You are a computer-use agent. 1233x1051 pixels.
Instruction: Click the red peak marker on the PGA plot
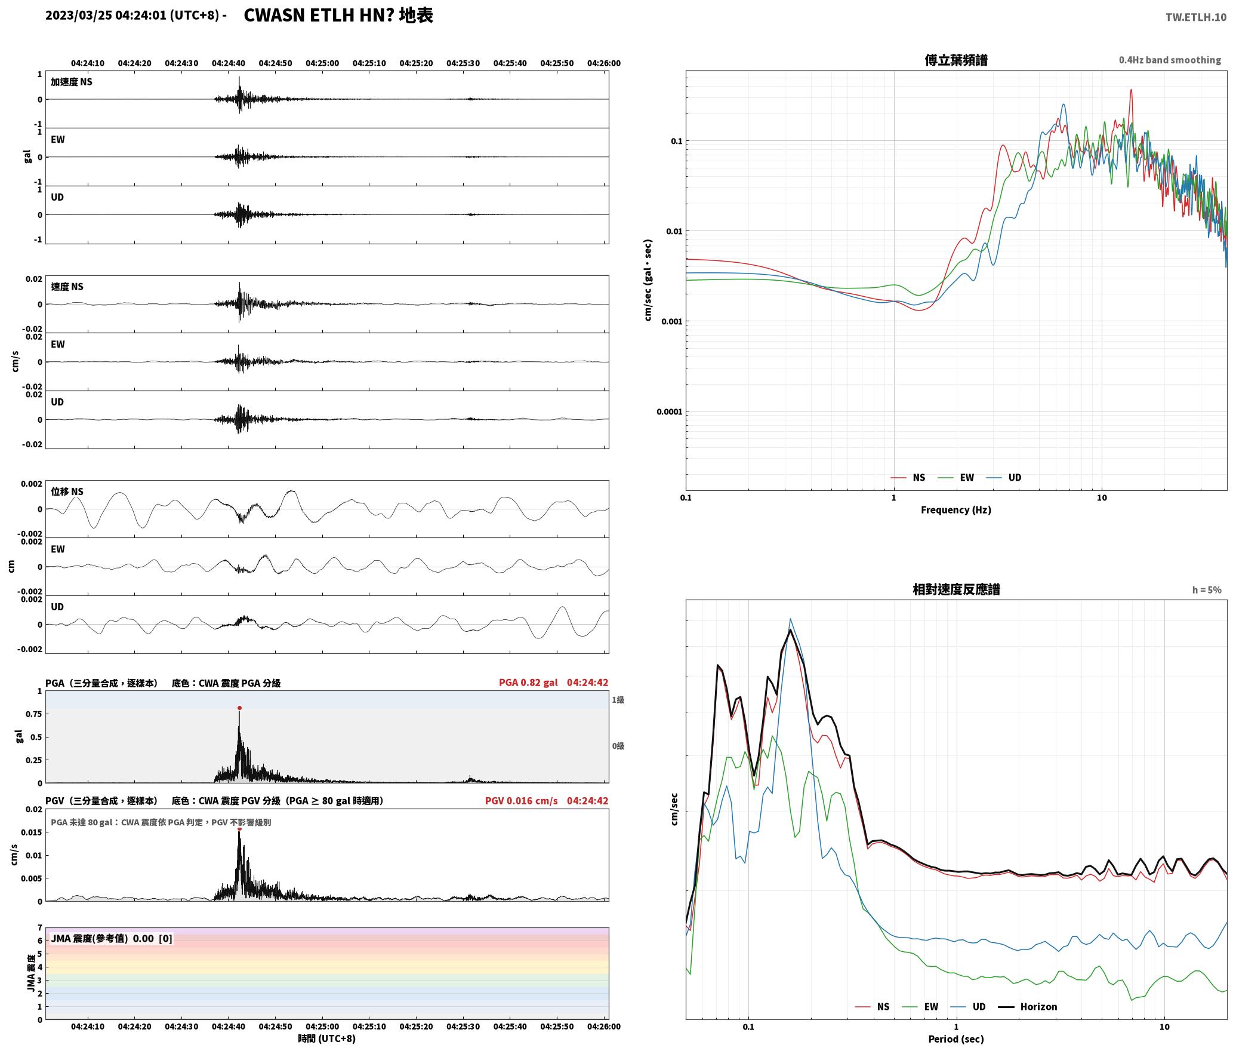click(239, 708)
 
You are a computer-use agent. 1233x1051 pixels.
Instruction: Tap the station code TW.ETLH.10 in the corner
click(1196, 17)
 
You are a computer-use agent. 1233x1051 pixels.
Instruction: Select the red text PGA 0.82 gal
click(528, 683)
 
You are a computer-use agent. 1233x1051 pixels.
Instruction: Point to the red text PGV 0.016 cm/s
click(521, 801)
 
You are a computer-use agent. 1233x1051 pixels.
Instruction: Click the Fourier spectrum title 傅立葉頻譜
click(955, 60)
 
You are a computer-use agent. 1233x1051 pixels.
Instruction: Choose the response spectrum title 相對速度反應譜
click(956, 589)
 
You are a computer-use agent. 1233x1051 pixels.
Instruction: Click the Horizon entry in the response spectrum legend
click(1038, 1007)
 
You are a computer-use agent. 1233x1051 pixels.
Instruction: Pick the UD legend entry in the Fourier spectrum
click(1015, 478)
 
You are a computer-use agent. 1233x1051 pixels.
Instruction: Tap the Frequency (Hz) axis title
click(955, 510)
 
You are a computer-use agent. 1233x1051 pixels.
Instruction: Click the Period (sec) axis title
click(955, 1039)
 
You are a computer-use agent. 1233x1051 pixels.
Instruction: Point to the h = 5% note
click(1207, 590)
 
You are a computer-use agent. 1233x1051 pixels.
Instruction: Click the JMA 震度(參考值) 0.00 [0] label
click(112, 938)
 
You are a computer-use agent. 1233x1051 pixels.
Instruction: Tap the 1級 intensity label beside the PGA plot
click(618, 699)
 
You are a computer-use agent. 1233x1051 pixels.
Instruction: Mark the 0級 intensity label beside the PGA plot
click(618, 746)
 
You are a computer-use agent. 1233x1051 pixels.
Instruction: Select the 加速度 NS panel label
click(72, 82)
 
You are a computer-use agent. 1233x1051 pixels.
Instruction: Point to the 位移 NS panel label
click(67, 491)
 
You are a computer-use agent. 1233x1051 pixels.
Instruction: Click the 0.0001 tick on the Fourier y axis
click(669, 411)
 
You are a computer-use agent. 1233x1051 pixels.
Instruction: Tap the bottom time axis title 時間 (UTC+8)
click(327, 1038)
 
